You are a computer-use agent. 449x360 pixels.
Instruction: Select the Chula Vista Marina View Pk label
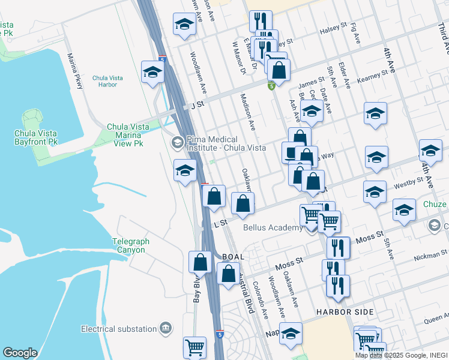[x=125, y=135]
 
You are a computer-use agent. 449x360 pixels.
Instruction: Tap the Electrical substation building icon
[x=166, y=328]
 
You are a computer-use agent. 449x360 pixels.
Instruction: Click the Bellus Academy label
[x=273, y=228]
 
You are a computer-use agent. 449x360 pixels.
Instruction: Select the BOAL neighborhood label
[x=233, y=257]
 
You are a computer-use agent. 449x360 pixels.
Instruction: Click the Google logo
[x=20, y=353]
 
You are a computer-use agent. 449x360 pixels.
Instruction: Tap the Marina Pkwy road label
[x=76, y=71]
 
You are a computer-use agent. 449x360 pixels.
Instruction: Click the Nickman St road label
[x=429, y=258]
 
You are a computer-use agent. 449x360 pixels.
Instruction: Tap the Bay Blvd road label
[x=196, y=288]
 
